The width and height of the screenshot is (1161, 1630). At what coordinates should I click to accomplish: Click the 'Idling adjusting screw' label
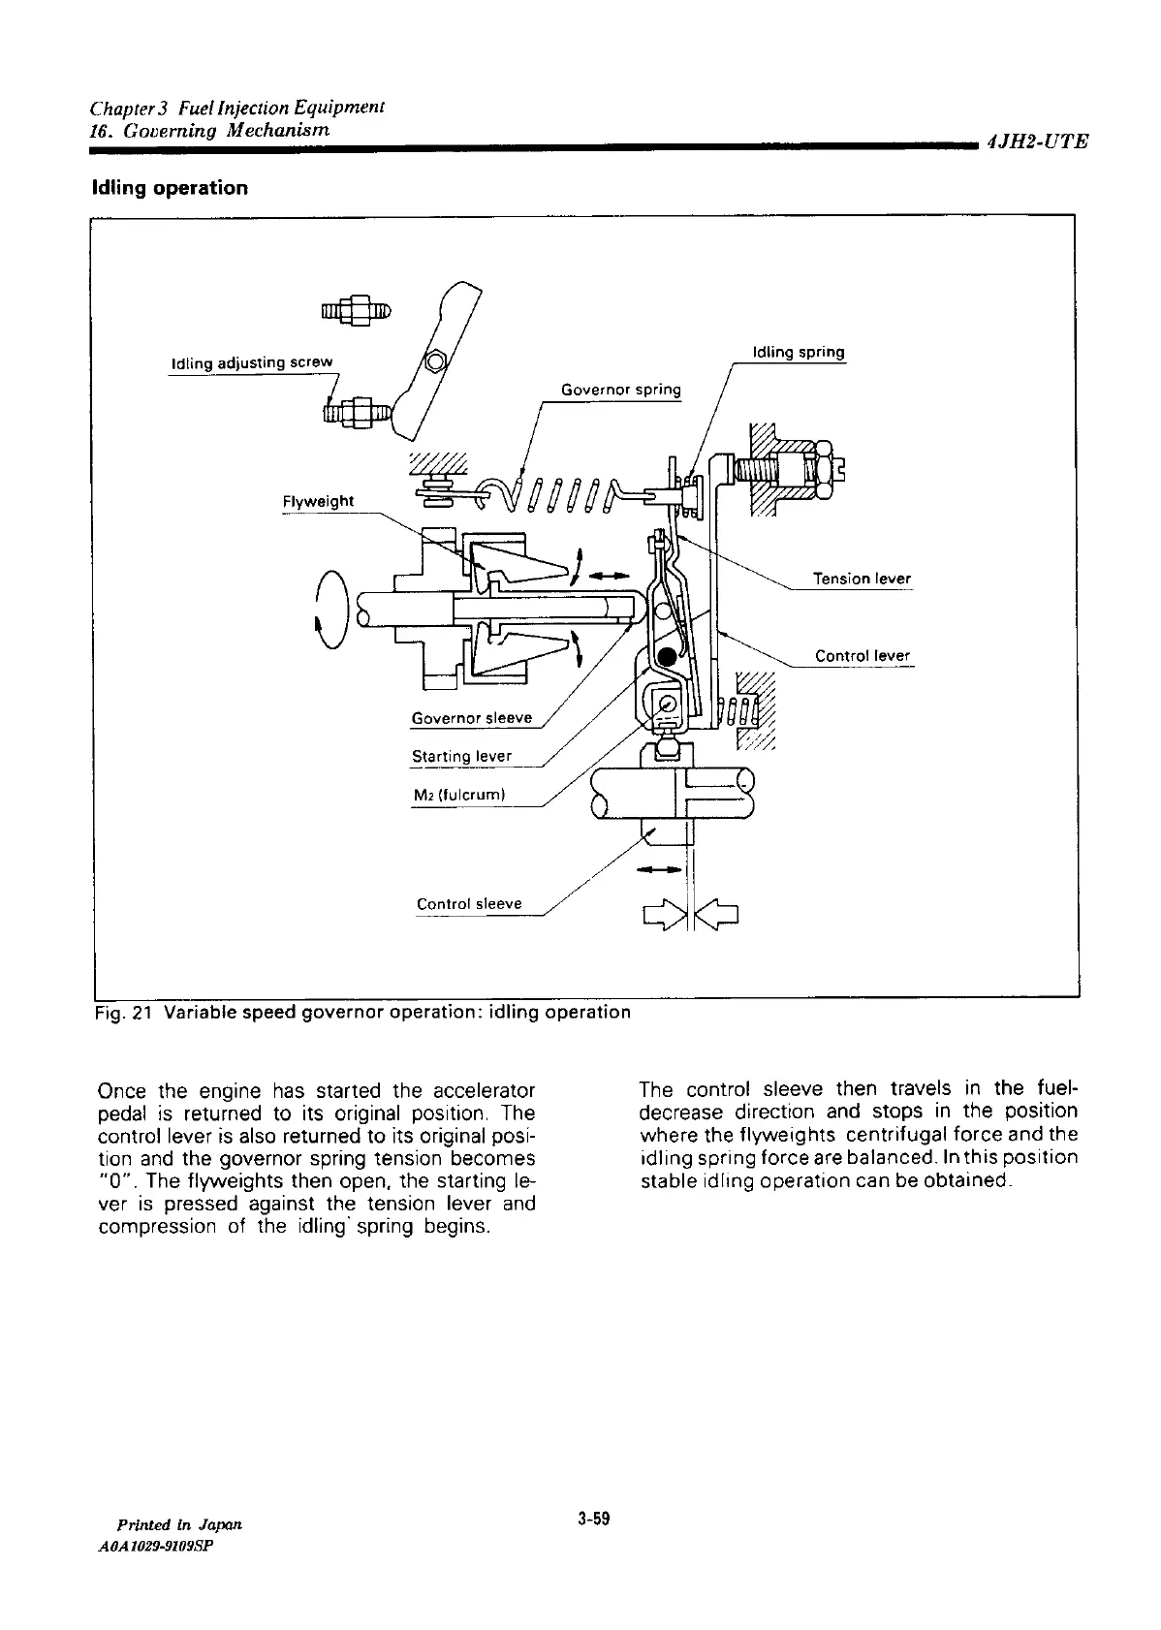tap(251, 362)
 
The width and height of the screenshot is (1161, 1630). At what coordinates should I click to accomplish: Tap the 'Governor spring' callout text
tap(621, 390)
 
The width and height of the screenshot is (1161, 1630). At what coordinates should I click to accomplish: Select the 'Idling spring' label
tap(799, 352)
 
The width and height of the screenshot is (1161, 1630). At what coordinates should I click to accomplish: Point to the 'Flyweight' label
tap(318, 501)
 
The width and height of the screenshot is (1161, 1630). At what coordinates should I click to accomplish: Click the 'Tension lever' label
tap(862, 579)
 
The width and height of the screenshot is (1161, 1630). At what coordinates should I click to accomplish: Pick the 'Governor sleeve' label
tap(472, 718)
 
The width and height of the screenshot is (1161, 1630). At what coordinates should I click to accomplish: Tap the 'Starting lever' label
tap(461, 756)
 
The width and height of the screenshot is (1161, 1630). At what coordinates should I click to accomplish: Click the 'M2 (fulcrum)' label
tap(459, 796)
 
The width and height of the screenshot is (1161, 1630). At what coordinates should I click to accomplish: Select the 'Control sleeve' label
tap(469, 904)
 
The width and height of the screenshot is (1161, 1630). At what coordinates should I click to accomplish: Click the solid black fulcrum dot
tap(667, 658)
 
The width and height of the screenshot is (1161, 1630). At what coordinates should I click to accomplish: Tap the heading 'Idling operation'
tap(170, 188)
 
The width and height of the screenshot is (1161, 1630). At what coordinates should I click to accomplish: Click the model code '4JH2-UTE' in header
tap(1037, 141)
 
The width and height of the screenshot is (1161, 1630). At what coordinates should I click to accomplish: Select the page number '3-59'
tap(592, 1519)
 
